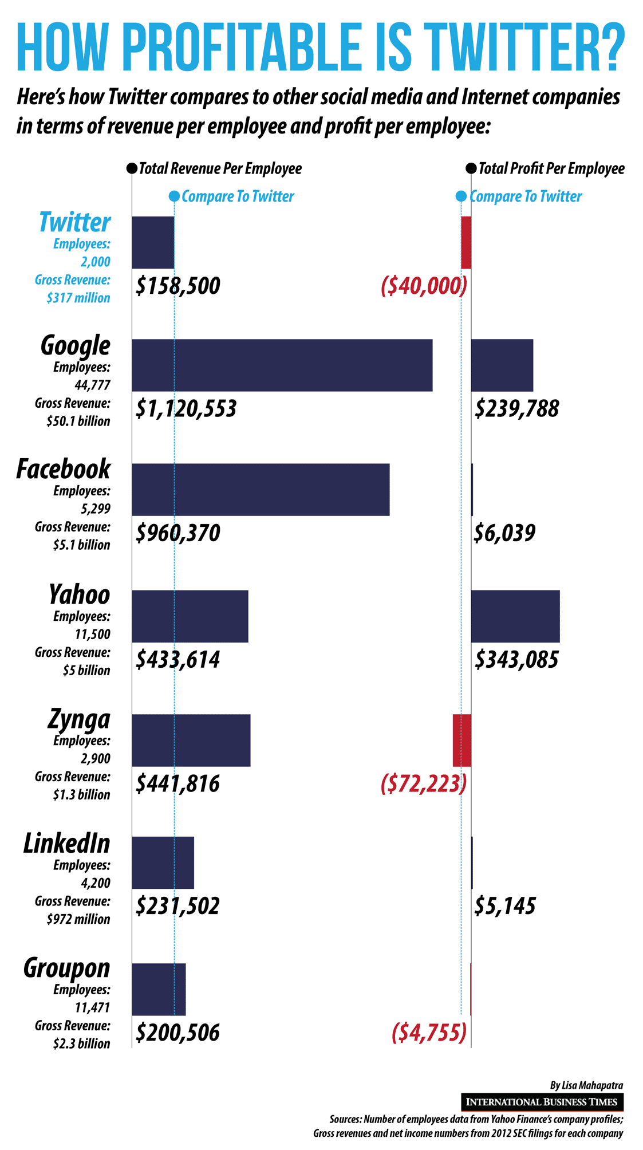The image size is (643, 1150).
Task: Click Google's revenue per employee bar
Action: (x=282, y=365)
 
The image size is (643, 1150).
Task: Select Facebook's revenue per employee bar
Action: (x=261, y=489)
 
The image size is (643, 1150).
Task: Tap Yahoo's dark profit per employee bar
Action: (x=515, y=616)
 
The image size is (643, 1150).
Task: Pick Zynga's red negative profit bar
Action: (x=461, y=740)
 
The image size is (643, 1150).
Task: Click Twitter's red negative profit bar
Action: (x=466, y=242)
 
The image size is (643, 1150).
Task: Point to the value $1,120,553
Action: (x=186, y=409)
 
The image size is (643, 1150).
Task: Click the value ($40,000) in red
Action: (x=424, y=285)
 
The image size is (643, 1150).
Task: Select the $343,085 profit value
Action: (x=516, y=659)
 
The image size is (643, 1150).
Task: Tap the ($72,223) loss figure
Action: (x=424, y=783)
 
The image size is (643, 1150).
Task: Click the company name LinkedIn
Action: (x=67, y=844)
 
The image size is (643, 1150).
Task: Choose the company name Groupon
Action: (x=67, y=968)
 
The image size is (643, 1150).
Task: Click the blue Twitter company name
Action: (x=74, y=222)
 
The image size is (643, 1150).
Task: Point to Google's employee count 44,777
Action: (x=92, y=385)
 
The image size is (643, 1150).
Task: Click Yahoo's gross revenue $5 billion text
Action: (x=86, y=670)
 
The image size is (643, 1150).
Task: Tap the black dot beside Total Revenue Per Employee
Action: (x=132, y=168)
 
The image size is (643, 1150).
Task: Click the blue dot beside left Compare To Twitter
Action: (x=175, y=196)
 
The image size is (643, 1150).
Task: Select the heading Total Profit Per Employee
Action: (x=551, y=168)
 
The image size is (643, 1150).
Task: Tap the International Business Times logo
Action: (x=542, y=1101)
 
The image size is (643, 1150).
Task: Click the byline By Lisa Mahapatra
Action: (x=586, y=1085)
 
